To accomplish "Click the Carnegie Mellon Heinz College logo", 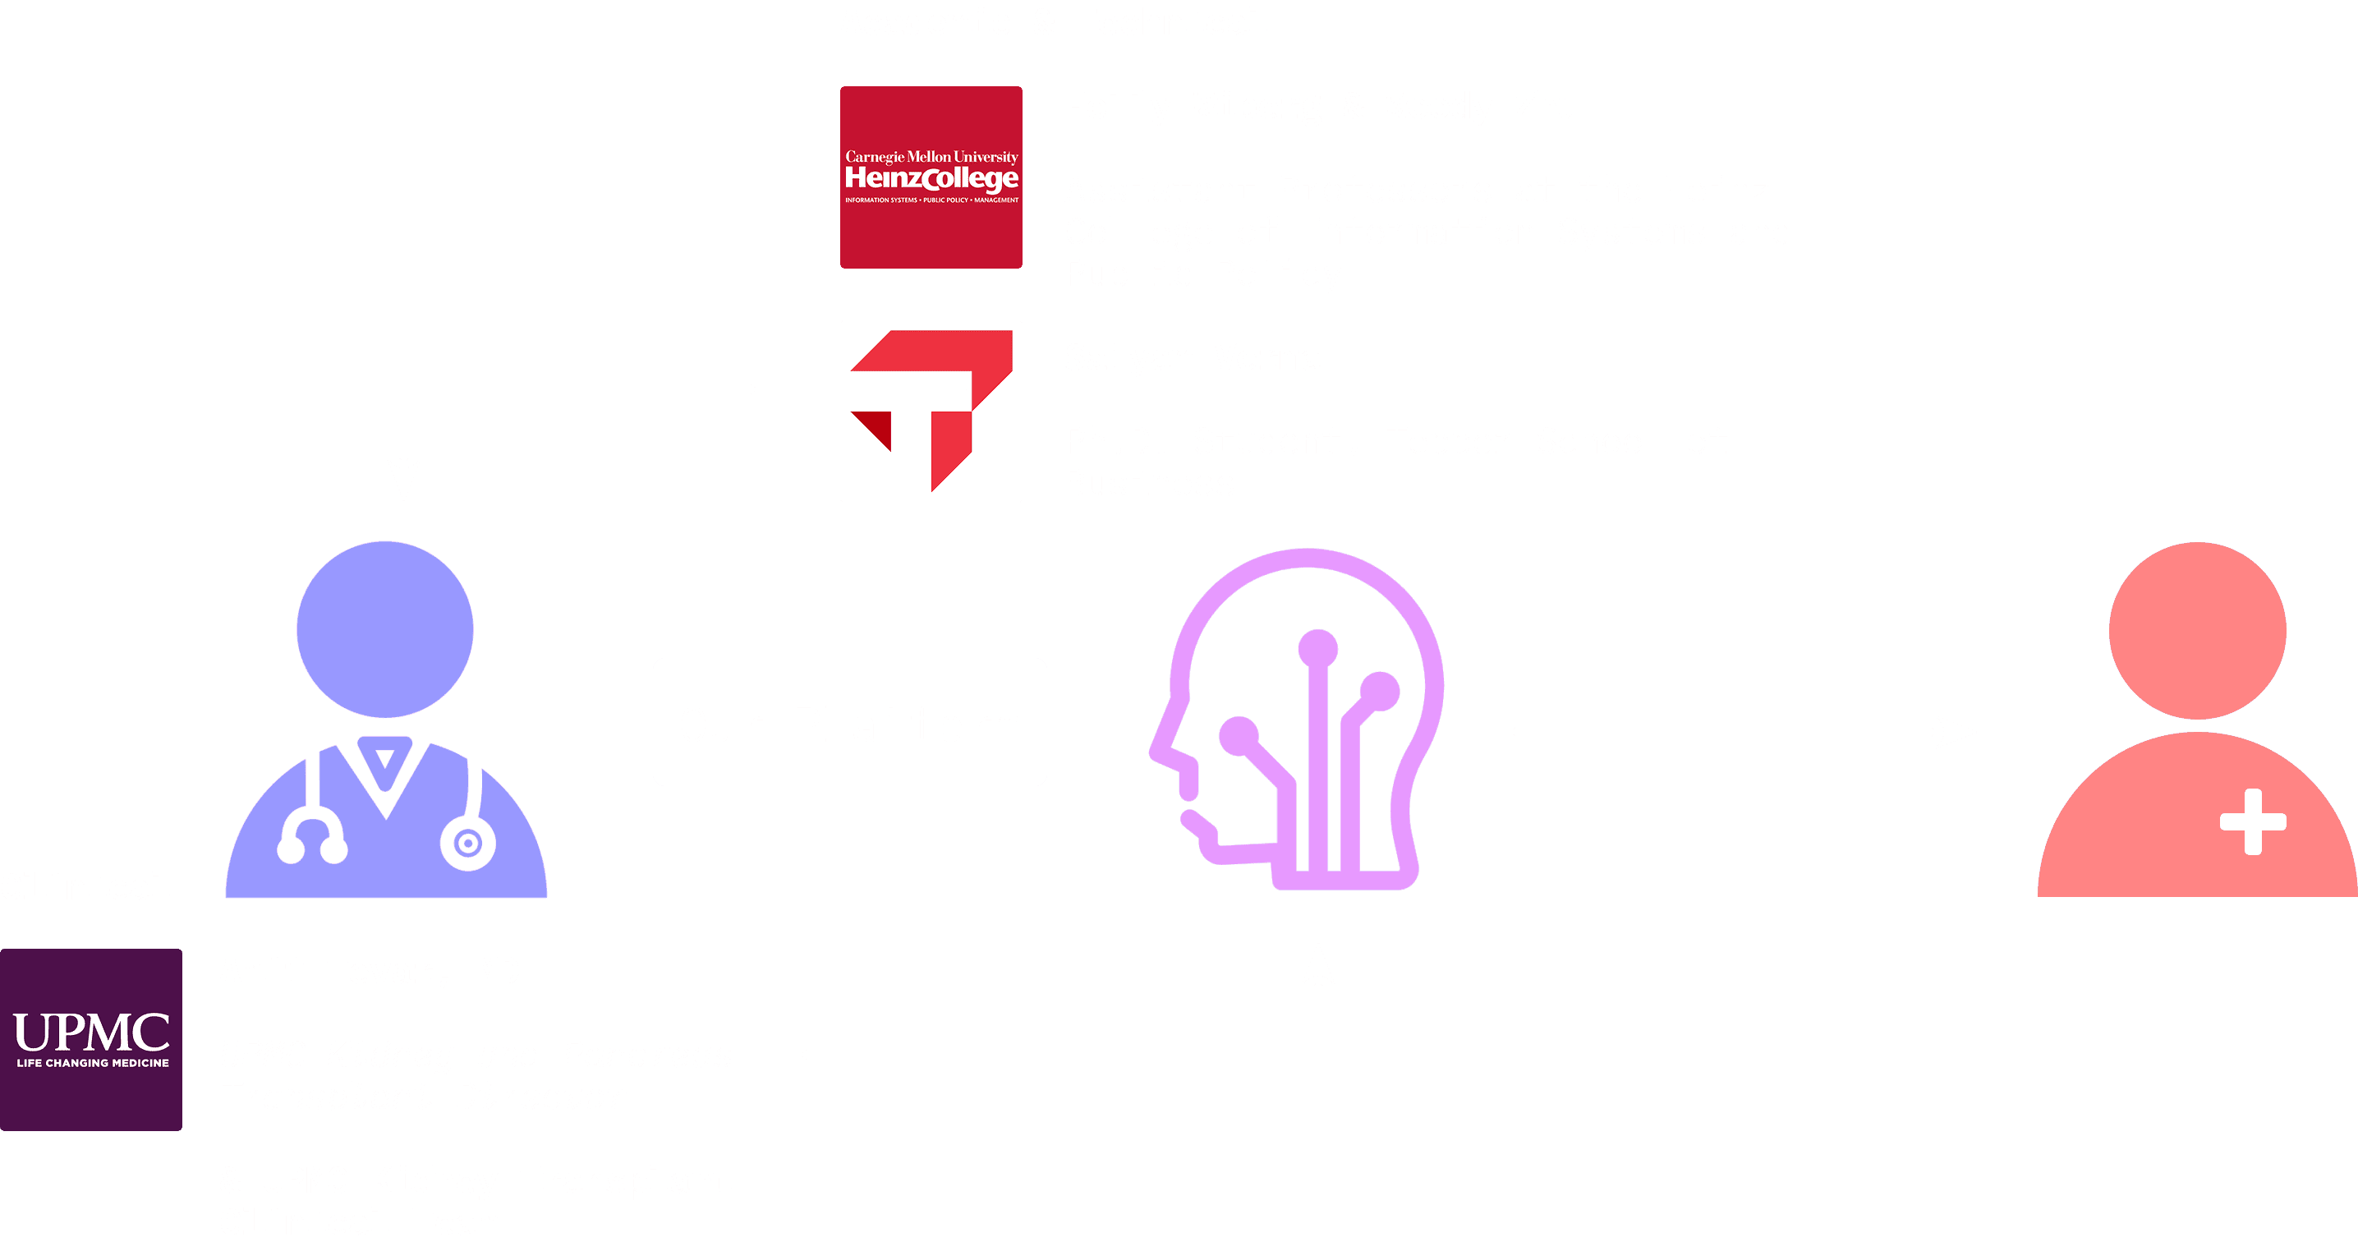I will click(x=931, y=177).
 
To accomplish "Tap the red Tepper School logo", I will click(x=931, y=411).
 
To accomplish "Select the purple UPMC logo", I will click(x=90, y=1040).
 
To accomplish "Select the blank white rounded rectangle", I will click(x=849, y=721).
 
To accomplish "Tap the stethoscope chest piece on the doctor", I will click(x=468, y=843).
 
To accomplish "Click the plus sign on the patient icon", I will click(x=2253, y=821).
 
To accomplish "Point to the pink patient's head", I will click(x=2197, y=631).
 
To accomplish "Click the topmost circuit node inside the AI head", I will click(x=1318, y=649).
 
